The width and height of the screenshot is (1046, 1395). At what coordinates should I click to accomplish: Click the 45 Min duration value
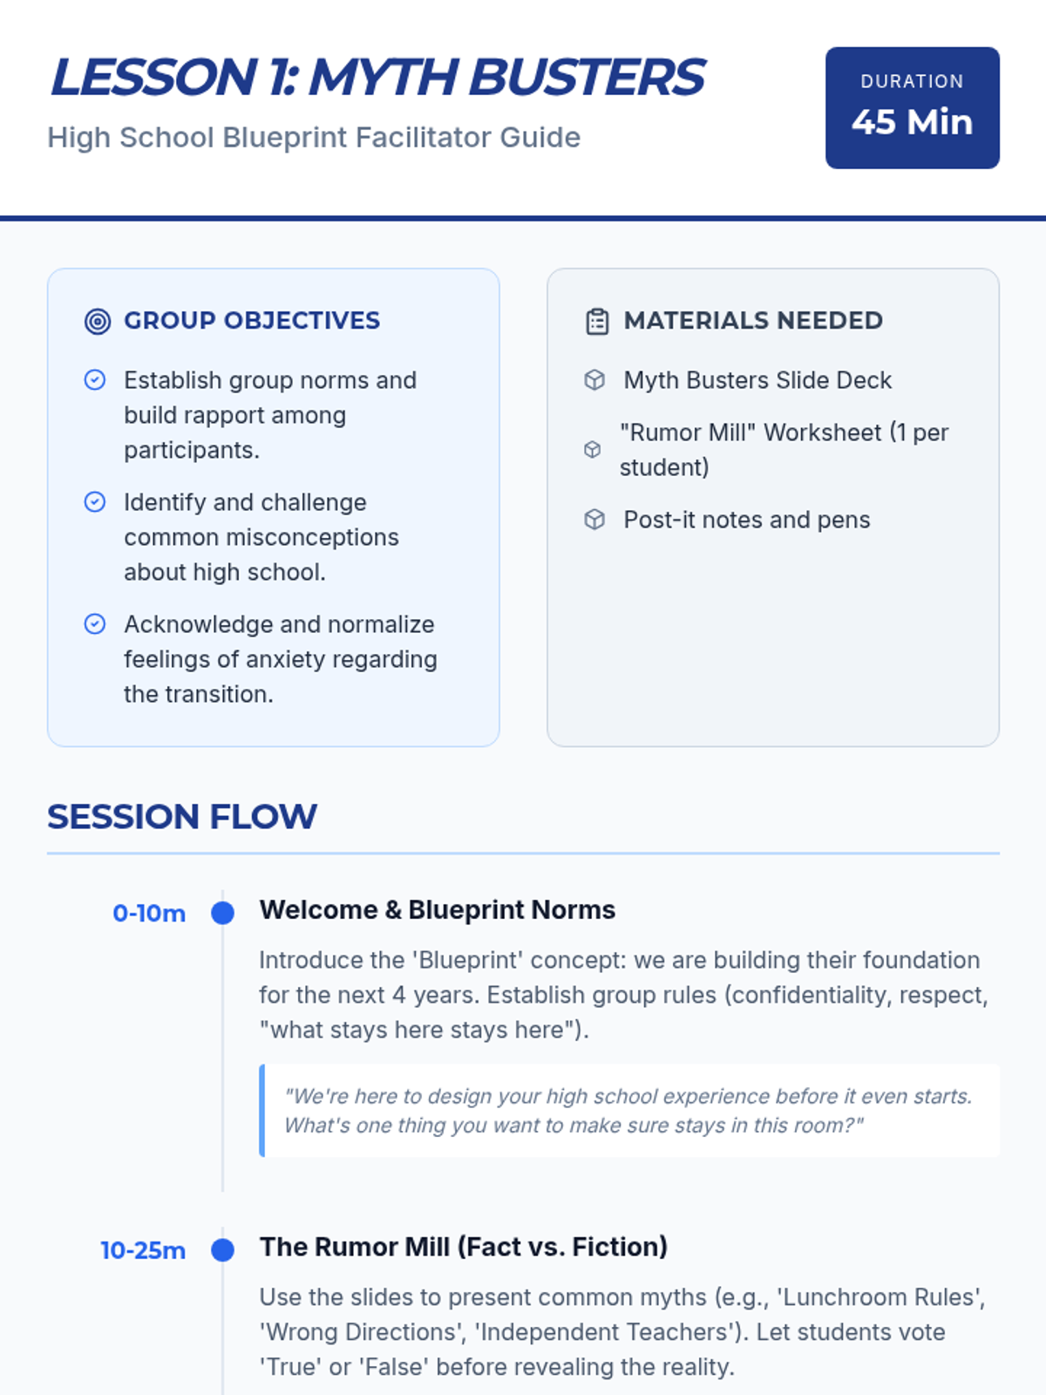pos(912,121)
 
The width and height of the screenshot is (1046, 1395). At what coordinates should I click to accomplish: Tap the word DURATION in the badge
pos(912,81)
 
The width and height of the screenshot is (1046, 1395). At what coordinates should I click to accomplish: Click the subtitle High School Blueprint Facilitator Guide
pos(314,137)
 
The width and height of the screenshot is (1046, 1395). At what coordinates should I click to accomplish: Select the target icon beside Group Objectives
pos(97,321)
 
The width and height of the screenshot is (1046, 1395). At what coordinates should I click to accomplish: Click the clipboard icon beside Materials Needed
pos(597,321)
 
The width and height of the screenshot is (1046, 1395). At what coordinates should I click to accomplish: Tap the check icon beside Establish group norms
pos(95,380)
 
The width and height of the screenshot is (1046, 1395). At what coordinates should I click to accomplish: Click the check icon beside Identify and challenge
pos(95,502)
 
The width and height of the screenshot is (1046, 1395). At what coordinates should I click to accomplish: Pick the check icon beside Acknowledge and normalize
pos(95,624)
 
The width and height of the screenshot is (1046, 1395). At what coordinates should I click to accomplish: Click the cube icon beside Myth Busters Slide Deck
pos(594,380)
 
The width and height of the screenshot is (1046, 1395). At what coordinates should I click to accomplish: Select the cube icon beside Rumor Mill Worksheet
pos(592,449)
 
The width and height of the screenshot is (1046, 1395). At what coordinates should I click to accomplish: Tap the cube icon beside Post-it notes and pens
pos(594,520)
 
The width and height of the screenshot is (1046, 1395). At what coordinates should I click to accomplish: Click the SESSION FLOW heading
pos(181,817)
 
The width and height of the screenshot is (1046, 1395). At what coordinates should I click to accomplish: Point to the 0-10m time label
pos(149,913)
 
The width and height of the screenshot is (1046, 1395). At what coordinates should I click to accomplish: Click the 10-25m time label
pos(143,1250)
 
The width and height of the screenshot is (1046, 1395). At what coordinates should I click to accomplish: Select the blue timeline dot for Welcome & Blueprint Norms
pos(222,913)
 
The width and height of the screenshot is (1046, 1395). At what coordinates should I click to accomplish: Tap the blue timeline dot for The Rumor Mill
pos(222,1250)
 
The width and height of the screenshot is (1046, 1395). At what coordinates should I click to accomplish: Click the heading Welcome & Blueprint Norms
pos(437,910)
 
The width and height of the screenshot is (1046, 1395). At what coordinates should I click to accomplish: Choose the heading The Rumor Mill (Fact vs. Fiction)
pos(464,1247)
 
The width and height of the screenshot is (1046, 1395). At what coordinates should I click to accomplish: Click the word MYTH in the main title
pos(384,77)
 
